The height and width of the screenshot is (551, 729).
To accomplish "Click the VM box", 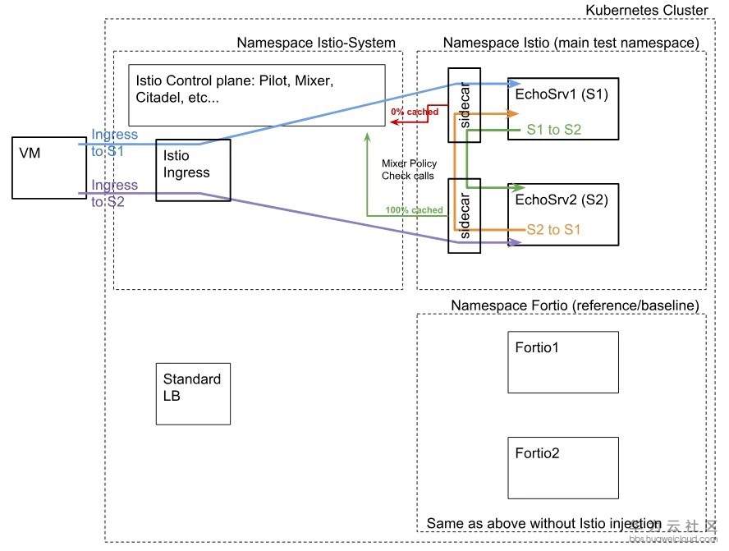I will click(48, 168).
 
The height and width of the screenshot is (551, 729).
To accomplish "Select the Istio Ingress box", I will click(193, 170).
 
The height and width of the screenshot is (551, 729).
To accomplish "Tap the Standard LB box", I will click(193, 393).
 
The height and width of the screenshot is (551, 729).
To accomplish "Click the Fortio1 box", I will click(563, 361).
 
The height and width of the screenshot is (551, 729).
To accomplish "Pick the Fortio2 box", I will click(563, 466).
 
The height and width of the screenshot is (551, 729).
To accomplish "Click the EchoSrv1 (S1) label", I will click(562, 94).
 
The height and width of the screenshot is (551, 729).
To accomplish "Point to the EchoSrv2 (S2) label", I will click(562, 200).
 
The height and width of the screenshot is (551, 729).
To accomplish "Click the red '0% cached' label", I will click(415, 111).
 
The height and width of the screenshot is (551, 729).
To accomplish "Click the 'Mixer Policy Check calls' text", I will click(409, 169).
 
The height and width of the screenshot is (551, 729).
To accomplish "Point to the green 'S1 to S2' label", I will click(553, 129).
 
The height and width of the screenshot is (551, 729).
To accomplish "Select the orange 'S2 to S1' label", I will click(553, 230).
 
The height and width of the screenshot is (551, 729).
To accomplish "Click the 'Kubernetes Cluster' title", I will click(646, 11).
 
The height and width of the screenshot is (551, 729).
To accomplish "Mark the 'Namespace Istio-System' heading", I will click(316, 43).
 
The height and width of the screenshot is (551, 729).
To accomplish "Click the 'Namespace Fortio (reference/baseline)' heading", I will click(575, 305).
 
